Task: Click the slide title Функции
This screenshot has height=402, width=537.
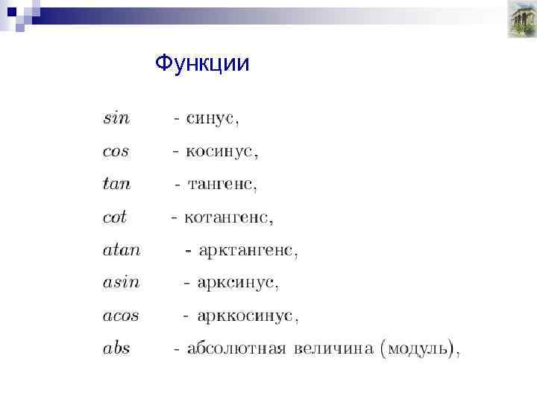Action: [x=202, y=64]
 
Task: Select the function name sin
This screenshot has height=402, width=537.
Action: [x=116, y=118]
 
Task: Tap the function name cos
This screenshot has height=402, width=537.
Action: [x=116, y=151]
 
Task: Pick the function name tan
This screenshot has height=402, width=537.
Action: [x=117, y=184]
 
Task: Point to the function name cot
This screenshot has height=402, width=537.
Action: [x=115, y=217]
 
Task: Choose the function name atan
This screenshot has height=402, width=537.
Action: [x=121, y=250]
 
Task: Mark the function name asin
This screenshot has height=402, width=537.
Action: [x=121, y=283]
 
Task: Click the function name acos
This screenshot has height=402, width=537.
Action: [x=121, y=316]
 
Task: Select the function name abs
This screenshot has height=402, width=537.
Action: [x=116, y=348]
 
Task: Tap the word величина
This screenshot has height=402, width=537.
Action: [x=333, y=348]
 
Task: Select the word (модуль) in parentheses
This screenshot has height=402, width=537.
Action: [x=418, y=348]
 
